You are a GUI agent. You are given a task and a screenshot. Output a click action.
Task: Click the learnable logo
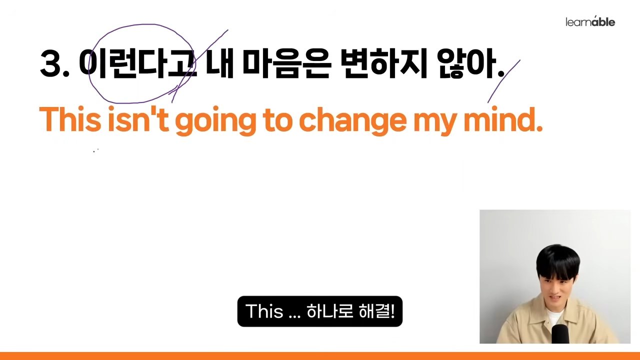(x=590, y=21)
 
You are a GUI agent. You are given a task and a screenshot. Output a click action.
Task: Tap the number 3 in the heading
(x=51, y=63)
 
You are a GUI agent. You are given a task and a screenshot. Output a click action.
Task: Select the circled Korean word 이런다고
(x=138, y=63)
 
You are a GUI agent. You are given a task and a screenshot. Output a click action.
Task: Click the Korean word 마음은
(x=287, y=63)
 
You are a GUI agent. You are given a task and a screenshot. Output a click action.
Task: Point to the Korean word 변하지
(x=383, y=63)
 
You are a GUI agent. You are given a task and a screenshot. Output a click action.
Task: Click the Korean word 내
(x=219, y=63)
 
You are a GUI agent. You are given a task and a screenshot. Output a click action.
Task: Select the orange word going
(x=215, y=121)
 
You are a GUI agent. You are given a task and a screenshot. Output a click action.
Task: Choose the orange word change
(x=352, y=121)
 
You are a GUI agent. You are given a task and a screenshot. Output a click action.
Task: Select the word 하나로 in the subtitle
(x=329, y=311)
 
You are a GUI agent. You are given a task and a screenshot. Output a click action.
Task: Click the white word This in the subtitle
(x=264, y=311)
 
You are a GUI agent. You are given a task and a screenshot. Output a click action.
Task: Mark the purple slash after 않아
(x=503, y=81)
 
